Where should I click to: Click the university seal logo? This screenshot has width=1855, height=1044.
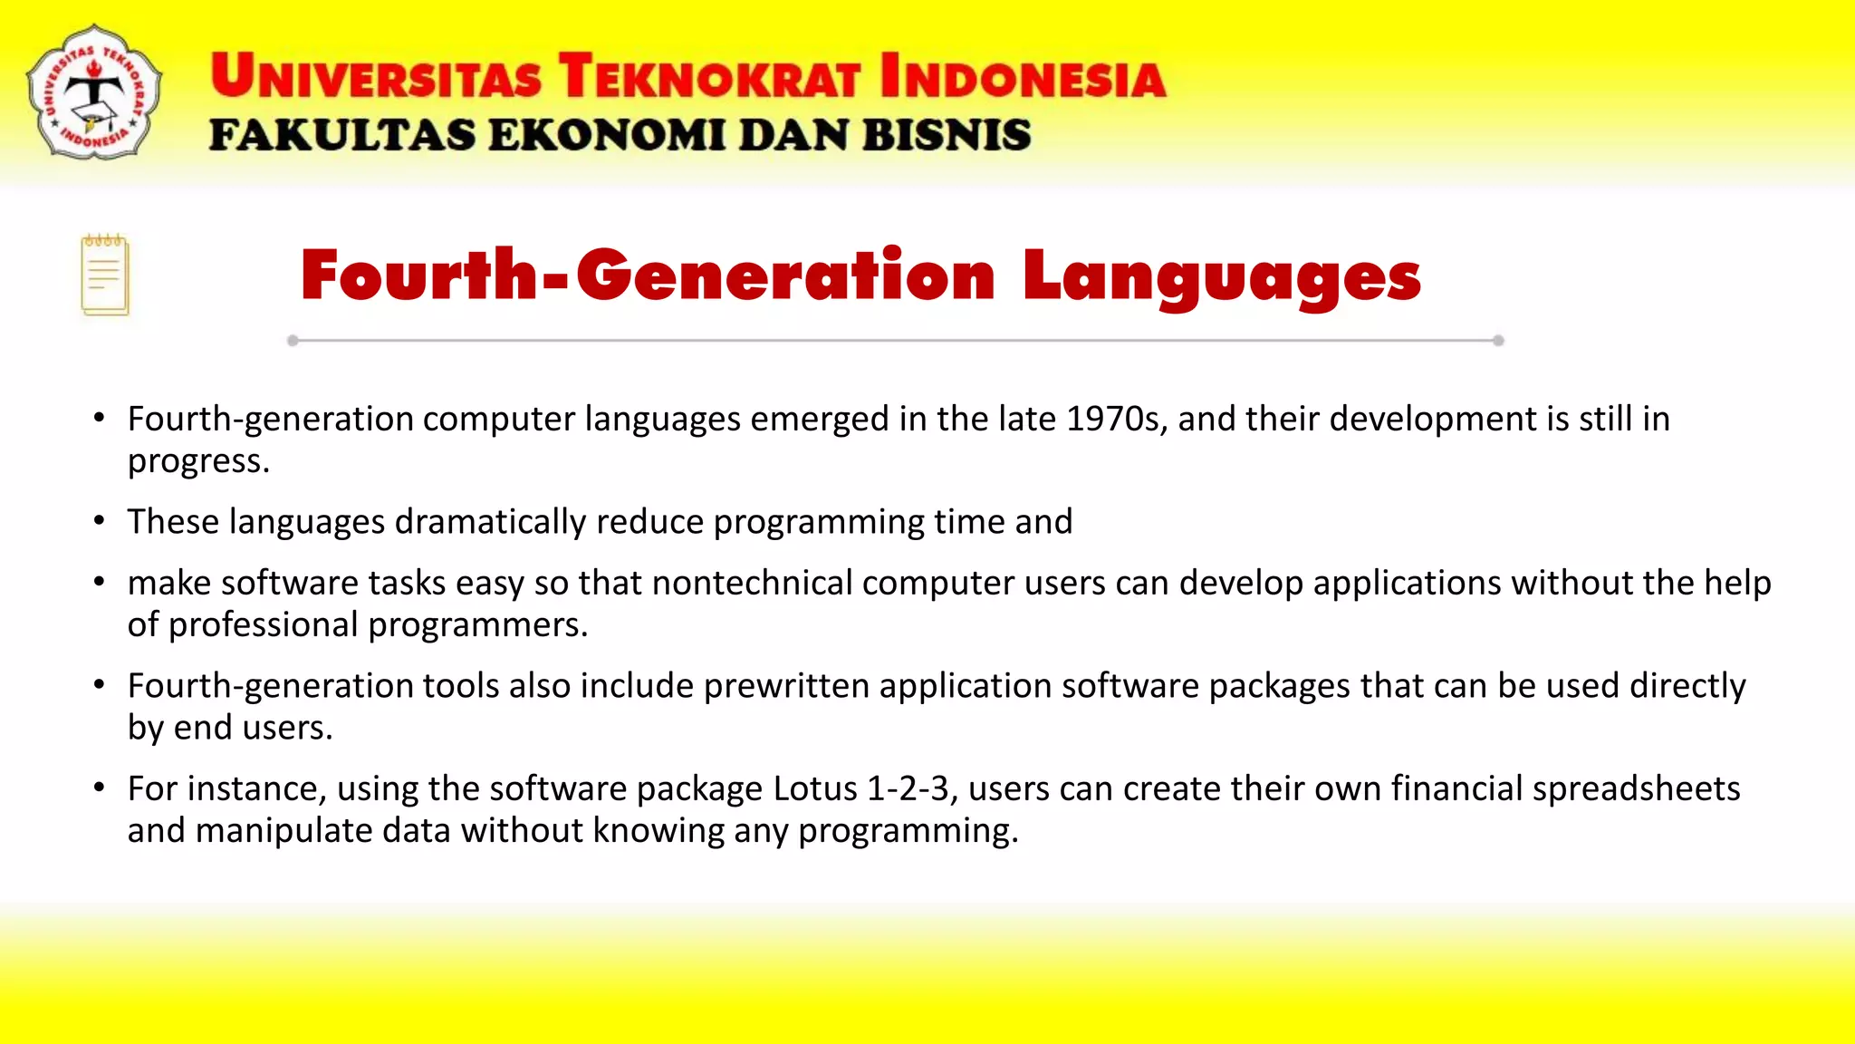94,92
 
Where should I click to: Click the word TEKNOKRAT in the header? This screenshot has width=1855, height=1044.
708,76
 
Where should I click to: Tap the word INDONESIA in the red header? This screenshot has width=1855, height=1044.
1023,76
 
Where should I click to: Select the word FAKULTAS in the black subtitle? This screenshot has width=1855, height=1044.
341,135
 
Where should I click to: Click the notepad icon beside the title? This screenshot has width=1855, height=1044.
105,275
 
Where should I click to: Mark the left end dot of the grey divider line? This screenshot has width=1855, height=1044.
293,341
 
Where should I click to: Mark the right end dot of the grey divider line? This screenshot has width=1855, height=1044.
1498,341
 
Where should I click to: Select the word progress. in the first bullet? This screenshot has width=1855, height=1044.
198,461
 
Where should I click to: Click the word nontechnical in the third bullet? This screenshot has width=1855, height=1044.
752,583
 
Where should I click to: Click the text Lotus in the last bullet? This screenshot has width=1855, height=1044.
814,788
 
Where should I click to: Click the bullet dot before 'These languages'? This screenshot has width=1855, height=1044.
100,521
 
